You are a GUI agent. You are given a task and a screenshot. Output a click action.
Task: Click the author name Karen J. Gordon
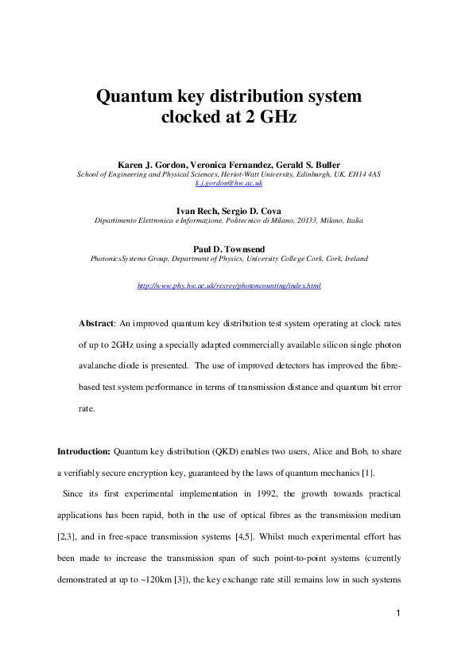coord(149,163)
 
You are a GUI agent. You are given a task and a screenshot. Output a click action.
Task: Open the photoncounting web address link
coord(229,285)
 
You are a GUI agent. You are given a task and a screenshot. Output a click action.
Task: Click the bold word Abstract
coord(96,324)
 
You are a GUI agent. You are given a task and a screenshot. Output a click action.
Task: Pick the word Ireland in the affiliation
coord(354,259)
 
